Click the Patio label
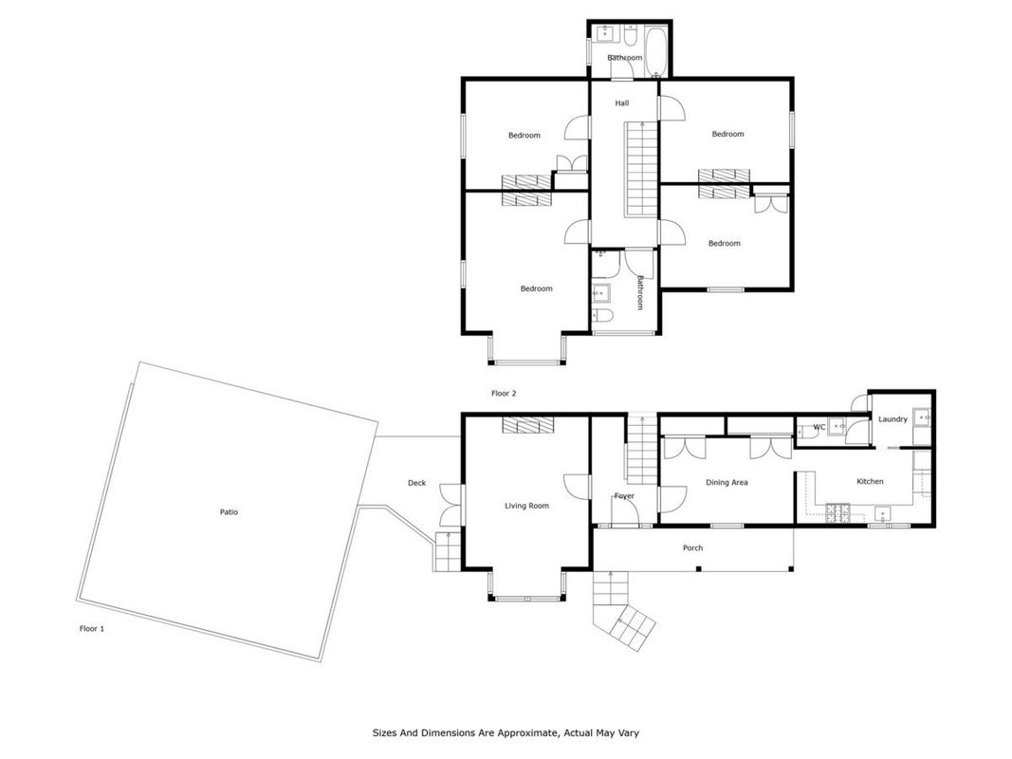point(229,511)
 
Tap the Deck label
point(417,483)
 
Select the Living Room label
point(526,506)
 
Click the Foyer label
point(624,496)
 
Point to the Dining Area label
point(727,482)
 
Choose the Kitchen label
point(870,481)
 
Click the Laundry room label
point(892,418)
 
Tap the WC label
point(819,427)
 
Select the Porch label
point(692,548)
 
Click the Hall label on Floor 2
point(621,103)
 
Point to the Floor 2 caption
point(504,393)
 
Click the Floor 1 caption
point(92,629)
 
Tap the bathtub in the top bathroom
point(657,51)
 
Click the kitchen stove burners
point(837,513)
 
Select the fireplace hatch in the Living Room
point(528,425)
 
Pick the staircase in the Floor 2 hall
point(640,170)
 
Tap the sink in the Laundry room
point(922,417)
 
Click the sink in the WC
point(837,427)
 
